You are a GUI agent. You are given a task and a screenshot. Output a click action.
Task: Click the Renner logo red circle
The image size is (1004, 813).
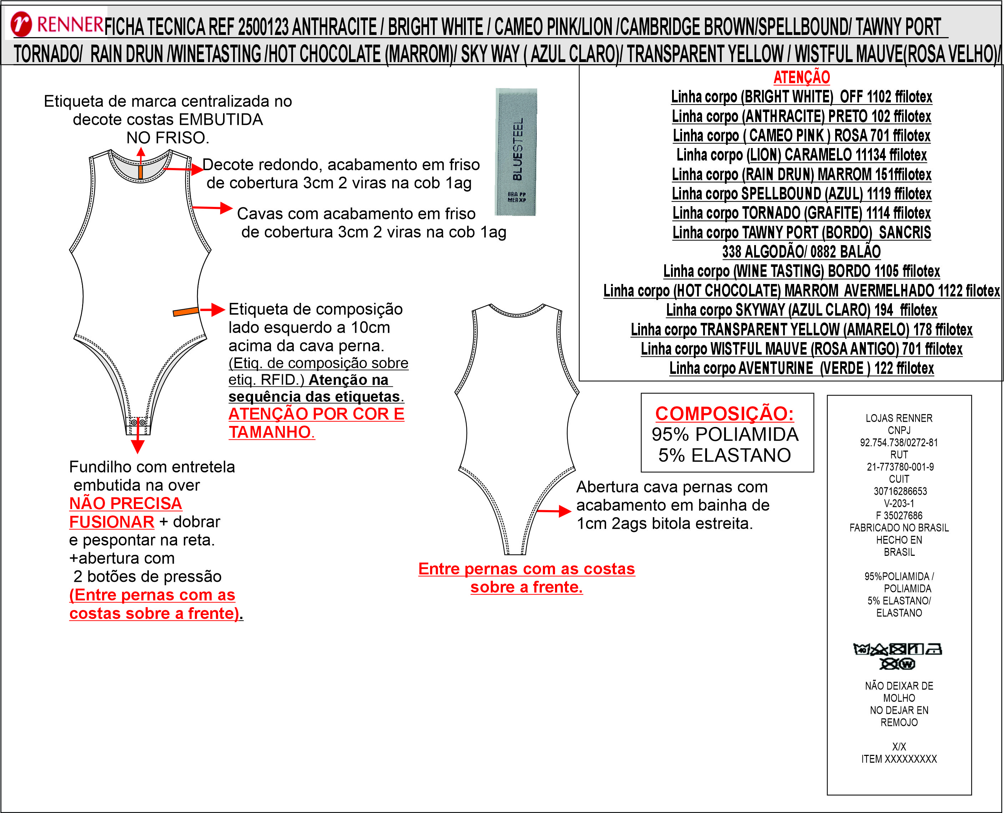tap(21, 24)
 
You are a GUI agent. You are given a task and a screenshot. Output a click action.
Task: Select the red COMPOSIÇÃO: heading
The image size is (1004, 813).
tap(724, 413)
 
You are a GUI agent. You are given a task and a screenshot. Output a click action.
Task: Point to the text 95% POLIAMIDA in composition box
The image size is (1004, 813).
tap(725, 435)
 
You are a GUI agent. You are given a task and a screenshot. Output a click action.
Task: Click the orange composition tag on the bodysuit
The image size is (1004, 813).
tap(186, 311)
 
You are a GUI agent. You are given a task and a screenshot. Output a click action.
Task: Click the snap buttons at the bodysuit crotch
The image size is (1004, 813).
tap(138, 422)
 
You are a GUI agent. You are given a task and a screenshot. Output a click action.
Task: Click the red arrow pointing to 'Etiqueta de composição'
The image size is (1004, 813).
tap(213, 310)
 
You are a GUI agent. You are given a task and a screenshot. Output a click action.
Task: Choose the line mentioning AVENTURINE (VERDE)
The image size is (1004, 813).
tap(801, 369)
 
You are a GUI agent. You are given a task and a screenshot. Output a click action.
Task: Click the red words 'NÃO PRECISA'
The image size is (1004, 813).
tap(126, 503)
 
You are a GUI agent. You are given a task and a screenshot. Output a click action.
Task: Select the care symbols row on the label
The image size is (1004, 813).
tap(897, 656)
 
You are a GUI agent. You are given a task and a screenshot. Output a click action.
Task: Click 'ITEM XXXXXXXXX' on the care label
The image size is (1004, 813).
tap(899, 759)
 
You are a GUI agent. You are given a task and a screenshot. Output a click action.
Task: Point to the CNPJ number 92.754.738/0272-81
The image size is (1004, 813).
tap(899, 443)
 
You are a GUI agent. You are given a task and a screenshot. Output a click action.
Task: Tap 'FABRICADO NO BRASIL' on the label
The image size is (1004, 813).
tap(899, 528)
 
